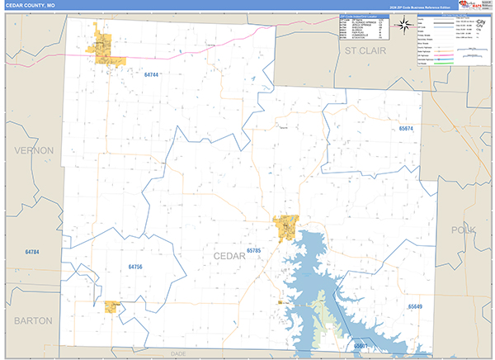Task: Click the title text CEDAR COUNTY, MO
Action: pyautogui.click(x=32, y=6)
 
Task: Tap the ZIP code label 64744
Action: pyautogui.click(x=149, y=75)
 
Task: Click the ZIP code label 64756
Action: pyautogui.click(x=135, y=267)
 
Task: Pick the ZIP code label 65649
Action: pyautogui.click(x=415, y=306)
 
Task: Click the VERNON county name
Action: pyautogui.click(x=31, y=151)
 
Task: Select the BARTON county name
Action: pyautogui.click(x=31, y=320)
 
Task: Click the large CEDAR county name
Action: pyautogui.click(x=229, y=257)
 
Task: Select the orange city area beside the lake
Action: pyautogui.click(x=285, y=226)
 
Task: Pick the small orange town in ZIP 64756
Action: pyautogui.click(x=111, y=306)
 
